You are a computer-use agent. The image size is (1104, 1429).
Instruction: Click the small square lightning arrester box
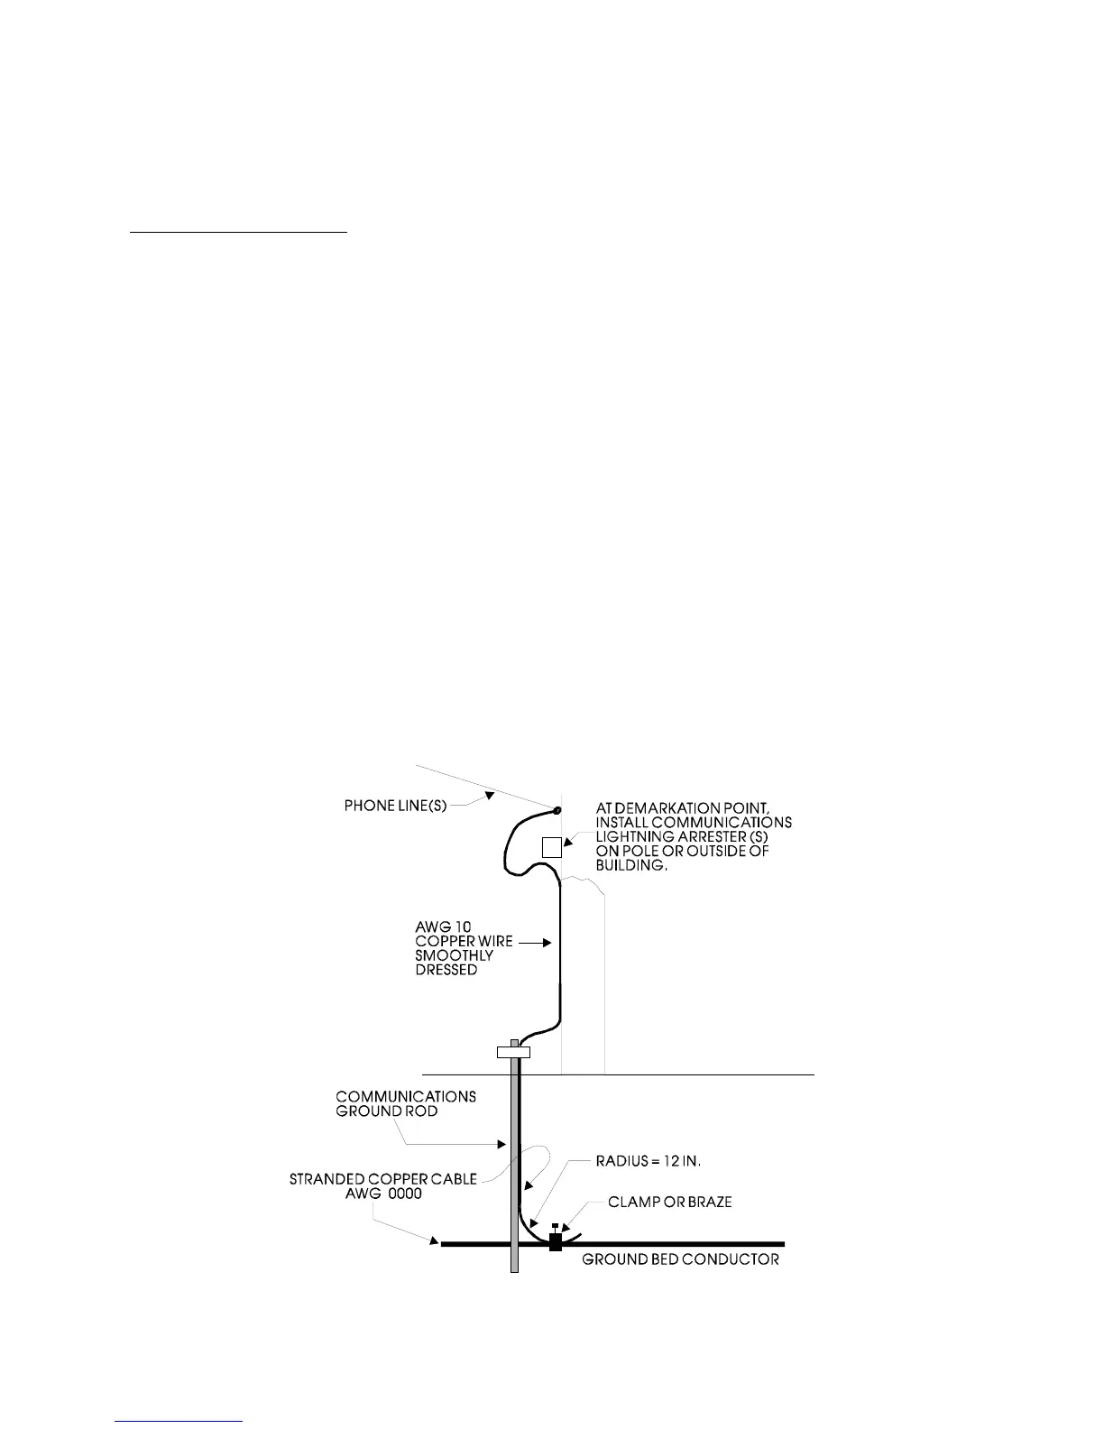[x=551, y=847]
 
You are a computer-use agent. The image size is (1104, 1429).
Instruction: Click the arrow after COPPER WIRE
[x=533, y=942]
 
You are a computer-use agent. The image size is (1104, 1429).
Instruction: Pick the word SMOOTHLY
[x=454, y=955]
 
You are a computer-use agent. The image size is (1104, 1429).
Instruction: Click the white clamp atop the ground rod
[x=513, y=1051]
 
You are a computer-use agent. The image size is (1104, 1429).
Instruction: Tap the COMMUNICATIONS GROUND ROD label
[x=406, y=1103]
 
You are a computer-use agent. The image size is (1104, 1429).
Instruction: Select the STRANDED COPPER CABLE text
[x=382, y=1179]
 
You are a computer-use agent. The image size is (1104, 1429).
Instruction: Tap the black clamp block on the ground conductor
[x=556, y=1241]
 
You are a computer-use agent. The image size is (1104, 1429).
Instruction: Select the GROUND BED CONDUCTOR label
[x=680, y=1258]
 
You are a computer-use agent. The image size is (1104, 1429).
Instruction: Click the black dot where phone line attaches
[x=557, y=810]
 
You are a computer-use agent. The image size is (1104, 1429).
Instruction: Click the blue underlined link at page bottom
[x=179, y=1421]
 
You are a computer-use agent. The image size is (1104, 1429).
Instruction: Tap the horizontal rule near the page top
[x=238, y=232]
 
